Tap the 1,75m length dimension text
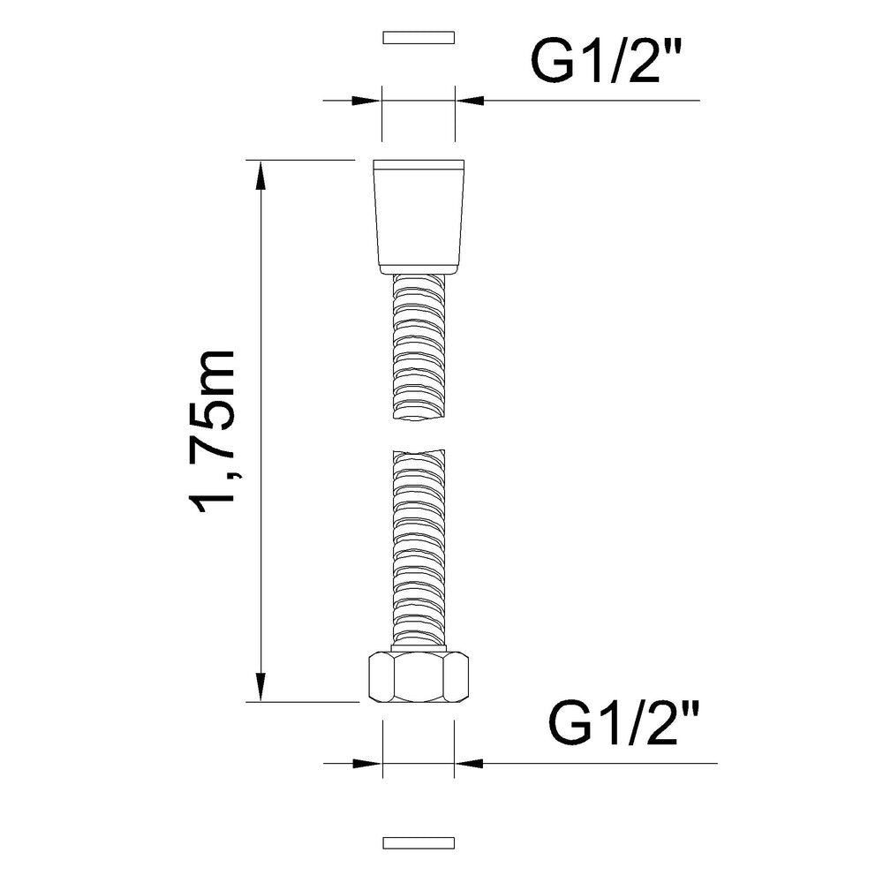click(215, 430)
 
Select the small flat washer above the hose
click(418, 38)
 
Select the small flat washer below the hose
click(418, 841)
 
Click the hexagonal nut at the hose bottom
click(418, 676)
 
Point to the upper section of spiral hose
click(418, 344)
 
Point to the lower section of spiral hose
click(418, 547)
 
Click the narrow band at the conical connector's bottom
click(418, 267)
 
